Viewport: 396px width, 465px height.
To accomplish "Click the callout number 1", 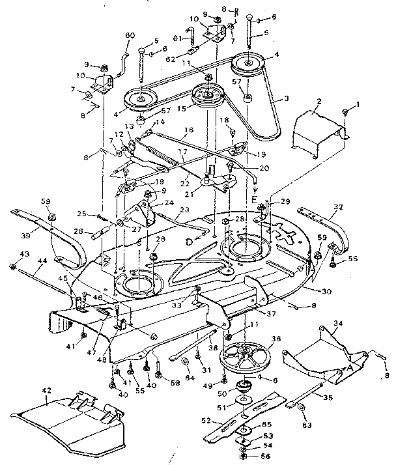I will [x=357, y=104].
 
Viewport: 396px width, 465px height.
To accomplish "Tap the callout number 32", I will [x=337, y=206].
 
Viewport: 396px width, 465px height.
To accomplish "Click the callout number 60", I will [x=128, y=35].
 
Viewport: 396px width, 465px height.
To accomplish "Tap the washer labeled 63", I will [x=302, y=408].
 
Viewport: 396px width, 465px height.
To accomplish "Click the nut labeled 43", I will [x=13, y=266].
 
